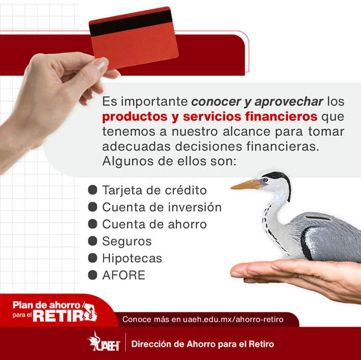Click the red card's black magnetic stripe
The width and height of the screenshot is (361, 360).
click(x=131, y=23)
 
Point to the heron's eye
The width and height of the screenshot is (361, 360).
click(x=265, y=180)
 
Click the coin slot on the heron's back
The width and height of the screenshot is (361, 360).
click(x=317, y=217)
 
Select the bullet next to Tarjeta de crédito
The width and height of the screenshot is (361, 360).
click(x=92, y=190)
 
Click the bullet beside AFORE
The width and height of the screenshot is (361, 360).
click(x=92, y=275)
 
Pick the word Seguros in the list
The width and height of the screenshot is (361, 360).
click(x=127, y=241)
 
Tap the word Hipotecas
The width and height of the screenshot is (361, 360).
click(x=132, y=258)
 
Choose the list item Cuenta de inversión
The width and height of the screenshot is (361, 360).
click(x=162, y=207)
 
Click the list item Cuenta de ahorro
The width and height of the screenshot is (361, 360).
click(x=154, y=224)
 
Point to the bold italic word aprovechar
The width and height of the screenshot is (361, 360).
click(x=289, y=102)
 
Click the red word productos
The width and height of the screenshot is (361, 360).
click(x=135, y=117)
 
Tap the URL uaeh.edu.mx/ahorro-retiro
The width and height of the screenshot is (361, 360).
click(x=233, y=319)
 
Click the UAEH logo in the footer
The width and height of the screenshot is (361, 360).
click(x=104, y=341)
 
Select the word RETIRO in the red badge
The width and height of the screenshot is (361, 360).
click(x=65, y=315)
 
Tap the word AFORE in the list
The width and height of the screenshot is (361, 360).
click(x=124, y=275)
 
